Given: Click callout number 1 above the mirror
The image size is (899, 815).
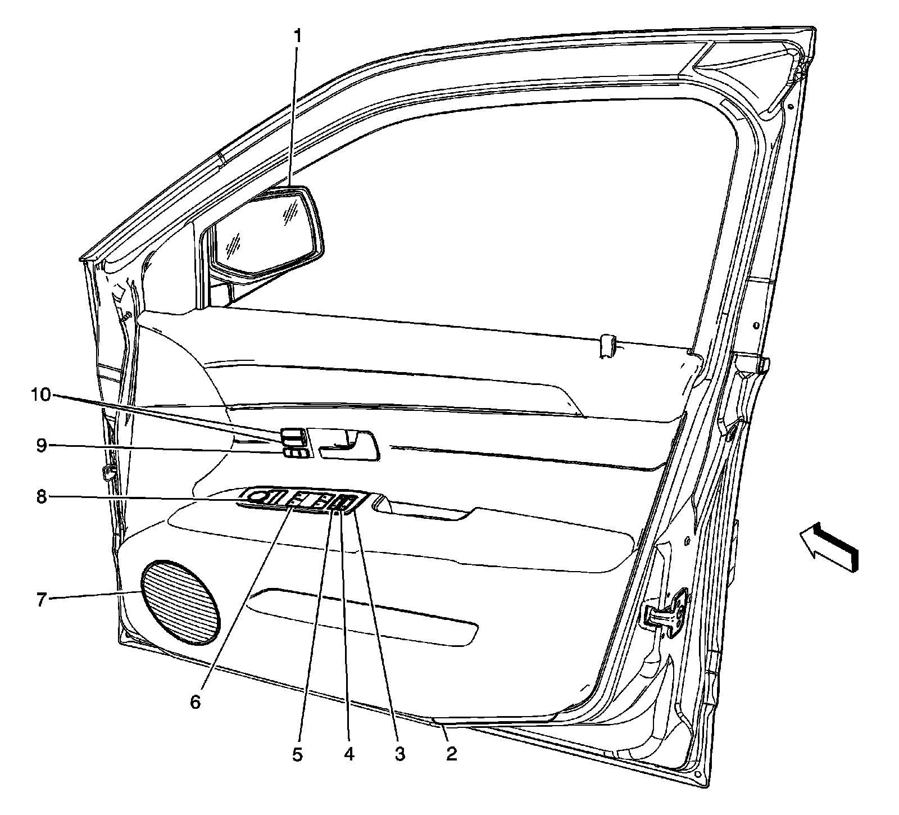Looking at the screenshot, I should coord(298,37).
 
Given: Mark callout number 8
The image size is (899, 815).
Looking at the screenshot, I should coord(41,497).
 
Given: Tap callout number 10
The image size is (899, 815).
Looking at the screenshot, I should coord(40,395).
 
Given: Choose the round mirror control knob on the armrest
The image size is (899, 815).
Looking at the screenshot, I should coord(258,496).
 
